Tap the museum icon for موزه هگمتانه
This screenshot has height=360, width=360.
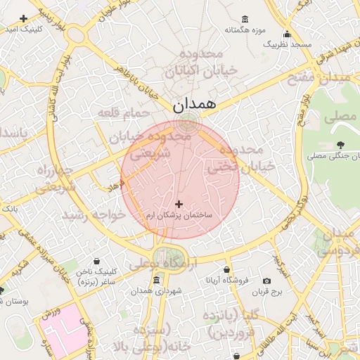click(244, 19)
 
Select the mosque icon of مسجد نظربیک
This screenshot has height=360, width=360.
click(287, 34)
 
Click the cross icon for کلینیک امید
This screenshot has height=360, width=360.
click(24, 18)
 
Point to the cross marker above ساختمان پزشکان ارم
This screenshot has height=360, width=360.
click(179, 203)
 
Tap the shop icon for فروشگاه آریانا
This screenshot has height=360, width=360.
click(226, 269)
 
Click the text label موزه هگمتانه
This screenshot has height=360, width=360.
click(244, 30)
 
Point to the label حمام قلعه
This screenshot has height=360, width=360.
click(124, 112)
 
